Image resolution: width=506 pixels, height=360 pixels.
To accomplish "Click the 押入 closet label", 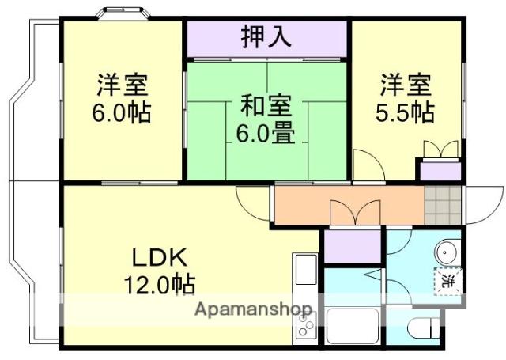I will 267,37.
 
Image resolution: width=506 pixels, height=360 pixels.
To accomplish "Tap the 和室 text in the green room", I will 266,104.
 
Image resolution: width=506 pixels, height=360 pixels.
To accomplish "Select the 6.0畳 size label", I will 266,132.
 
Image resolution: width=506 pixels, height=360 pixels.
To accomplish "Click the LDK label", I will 158,257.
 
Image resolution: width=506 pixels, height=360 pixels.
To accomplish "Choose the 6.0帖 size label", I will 123,112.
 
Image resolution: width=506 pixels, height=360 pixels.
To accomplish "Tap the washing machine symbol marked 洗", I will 447,280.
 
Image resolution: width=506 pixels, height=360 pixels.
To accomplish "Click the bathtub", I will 353,325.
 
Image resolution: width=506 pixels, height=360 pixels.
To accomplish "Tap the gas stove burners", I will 304,324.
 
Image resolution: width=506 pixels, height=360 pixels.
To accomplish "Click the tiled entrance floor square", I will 441,204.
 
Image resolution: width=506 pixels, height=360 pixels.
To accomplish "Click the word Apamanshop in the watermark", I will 252,309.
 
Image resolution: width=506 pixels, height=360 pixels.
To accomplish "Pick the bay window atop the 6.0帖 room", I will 123,13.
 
